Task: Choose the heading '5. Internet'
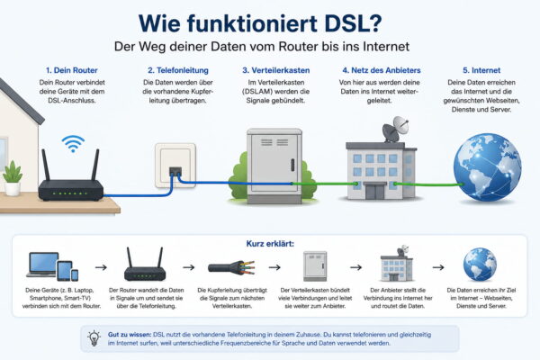[x=475, y=69]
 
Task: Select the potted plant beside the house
[x=13, y=177]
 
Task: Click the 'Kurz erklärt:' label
[x=269, y=243]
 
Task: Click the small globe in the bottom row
[x=480, y=265]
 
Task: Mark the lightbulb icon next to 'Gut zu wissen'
[x=94, y=337]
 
